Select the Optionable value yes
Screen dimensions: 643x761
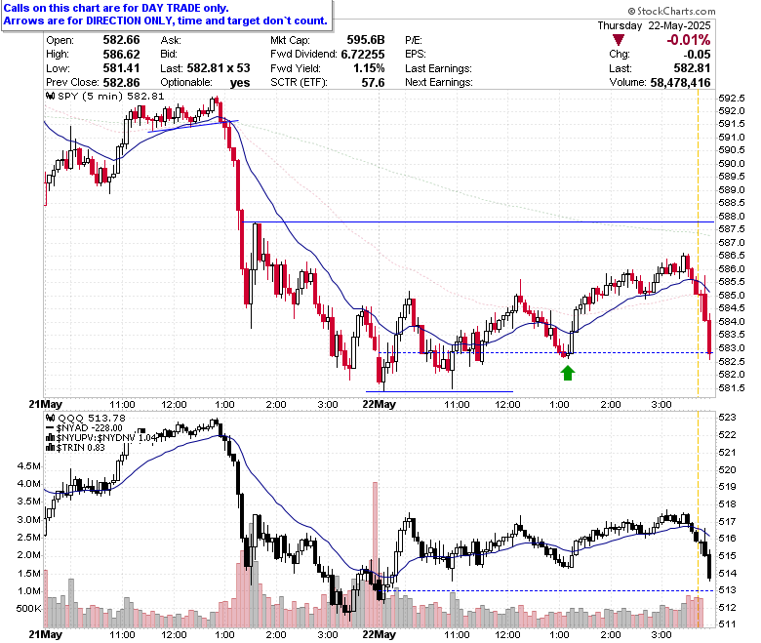click(239, 83)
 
